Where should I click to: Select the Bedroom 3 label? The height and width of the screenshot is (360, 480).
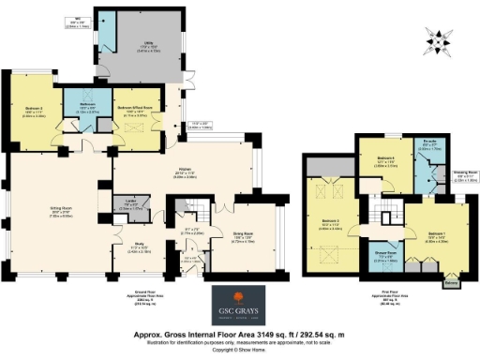[331, 222]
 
